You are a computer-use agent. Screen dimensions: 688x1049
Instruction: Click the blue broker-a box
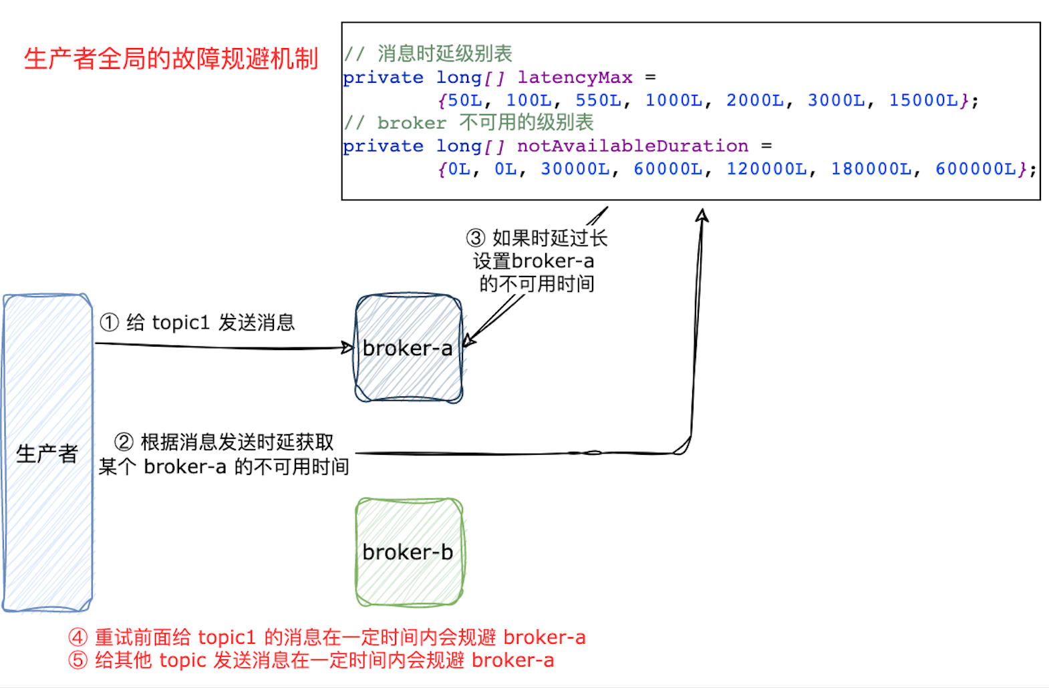point(408,348)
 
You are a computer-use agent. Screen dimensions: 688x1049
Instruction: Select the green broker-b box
point(408,552)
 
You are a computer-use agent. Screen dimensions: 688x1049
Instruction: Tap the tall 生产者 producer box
point(47,453)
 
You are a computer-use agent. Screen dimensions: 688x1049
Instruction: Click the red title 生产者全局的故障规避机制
point(171,59)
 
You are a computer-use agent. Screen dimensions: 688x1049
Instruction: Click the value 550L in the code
point(598,100)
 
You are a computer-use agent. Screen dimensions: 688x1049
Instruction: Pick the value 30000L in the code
point(575,169)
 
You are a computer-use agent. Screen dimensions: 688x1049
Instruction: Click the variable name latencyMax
point(575,77)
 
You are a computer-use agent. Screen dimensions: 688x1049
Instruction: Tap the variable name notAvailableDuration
point(632,146)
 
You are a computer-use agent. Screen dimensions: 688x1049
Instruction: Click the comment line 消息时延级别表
point(444,53)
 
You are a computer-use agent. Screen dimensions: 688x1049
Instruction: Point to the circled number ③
point(475,238)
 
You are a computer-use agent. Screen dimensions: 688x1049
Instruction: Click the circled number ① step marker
point(109,323)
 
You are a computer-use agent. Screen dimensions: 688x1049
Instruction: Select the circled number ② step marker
point(124,442)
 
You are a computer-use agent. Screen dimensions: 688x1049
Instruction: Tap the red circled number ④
point(78,637)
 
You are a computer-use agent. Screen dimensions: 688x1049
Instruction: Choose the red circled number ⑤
point(78,660)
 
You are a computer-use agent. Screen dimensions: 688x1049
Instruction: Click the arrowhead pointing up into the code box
point(702,215)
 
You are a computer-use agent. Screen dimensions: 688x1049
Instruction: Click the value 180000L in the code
point(871,169)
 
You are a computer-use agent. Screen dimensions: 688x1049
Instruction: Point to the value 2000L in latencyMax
point(755,100)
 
